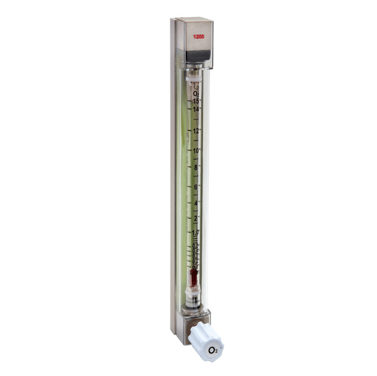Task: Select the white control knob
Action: (x=208, y=343)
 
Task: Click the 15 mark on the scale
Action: (x=196, y=101)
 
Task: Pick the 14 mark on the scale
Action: (x=196, y=110)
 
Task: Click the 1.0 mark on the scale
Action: (x=196, y=232)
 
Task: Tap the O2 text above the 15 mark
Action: (x=196, y=93)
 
